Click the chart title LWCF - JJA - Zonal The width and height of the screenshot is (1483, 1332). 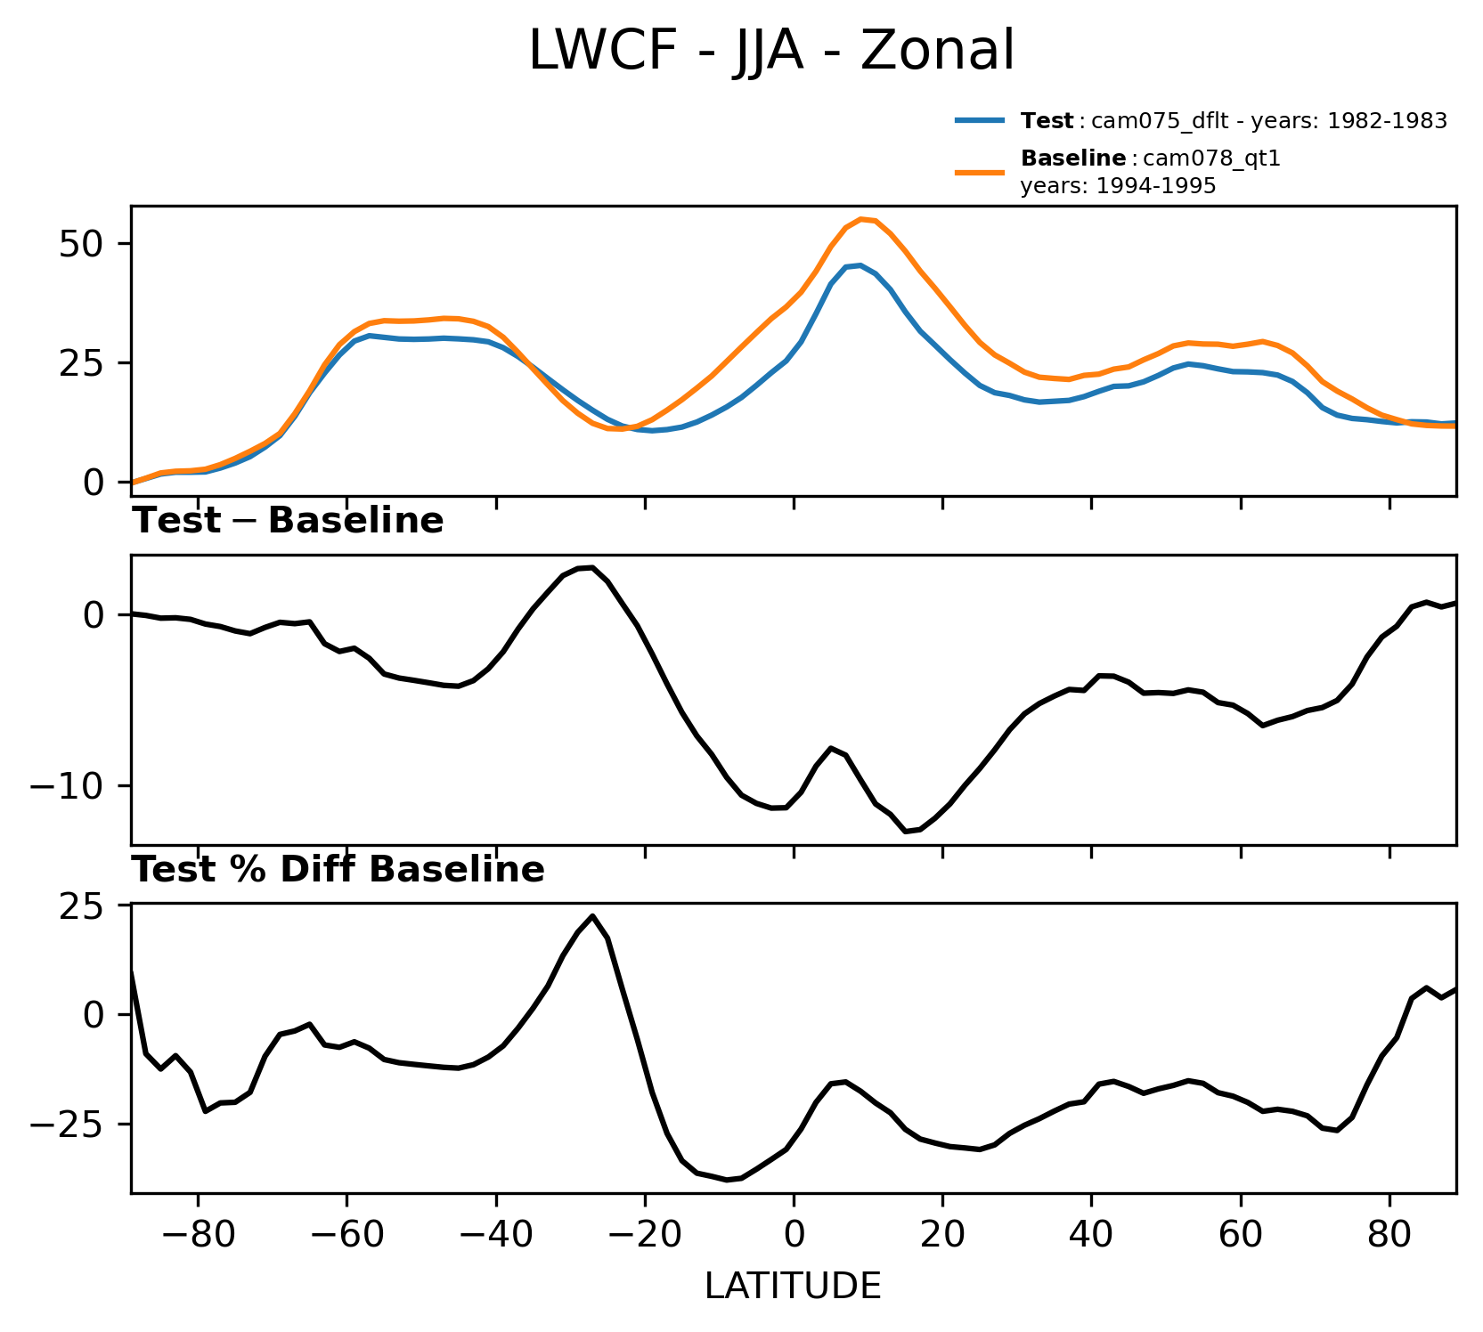point(771,52)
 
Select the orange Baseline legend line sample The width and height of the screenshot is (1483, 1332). point(981,172)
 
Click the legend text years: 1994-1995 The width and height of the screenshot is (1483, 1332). point(1118,186)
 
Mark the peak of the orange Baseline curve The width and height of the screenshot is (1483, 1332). point(861,218)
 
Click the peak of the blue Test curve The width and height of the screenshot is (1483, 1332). point(860,264)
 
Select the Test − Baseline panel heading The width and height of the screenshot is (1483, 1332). point(288,521)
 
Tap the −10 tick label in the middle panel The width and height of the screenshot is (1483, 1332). point(68,786)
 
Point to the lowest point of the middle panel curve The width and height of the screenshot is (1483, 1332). point(905,831)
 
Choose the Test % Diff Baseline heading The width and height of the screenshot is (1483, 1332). point(338,870)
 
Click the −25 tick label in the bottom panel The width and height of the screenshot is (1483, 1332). point(68,1125)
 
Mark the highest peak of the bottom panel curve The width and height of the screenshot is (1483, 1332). point(592,916)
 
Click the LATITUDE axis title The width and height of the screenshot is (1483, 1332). point(793,1286)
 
